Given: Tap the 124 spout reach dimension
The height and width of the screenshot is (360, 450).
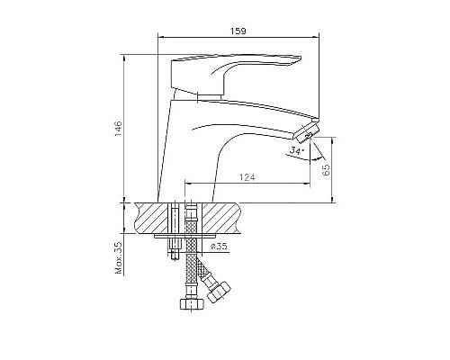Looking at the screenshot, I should click(x=248, y=177).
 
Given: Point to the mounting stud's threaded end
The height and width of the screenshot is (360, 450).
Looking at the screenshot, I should click(x=171, y=253).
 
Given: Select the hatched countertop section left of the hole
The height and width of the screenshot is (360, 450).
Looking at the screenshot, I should click(x=150, y=217).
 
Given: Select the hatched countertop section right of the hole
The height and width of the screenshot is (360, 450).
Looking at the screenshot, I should click(x=221, y=217).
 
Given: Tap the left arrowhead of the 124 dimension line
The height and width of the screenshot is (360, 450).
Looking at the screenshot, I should click(x=188, y=184).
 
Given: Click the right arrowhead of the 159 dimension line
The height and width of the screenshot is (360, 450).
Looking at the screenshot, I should click(x=319, y=37).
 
